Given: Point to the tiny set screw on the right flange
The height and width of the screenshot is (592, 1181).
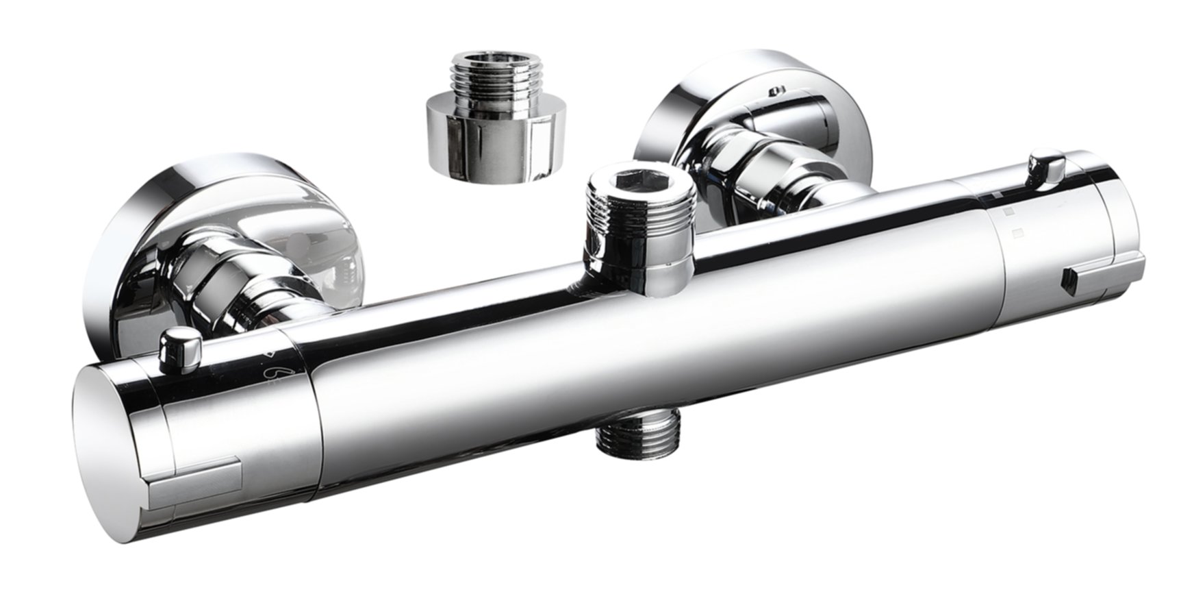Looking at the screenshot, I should click(776, 90).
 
